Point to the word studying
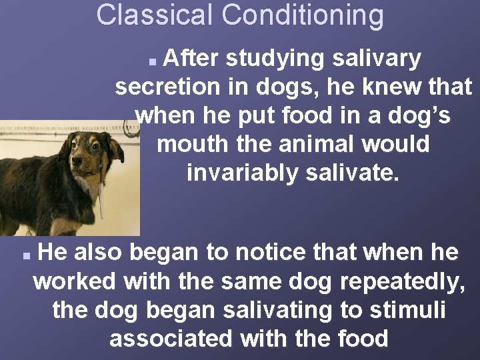pyautogui.click(x=271, y=59)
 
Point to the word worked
pyautogui.click(x=74, y=281)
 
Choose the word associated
pyautogui.click(x=170, y=339)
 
